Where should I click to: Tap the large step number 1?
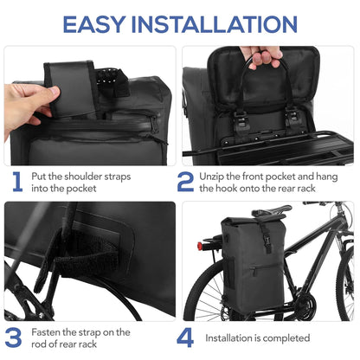pos(16,181)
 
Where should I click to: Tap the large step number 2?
pos(186,181)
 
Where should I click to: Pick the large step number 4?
pos(186,337)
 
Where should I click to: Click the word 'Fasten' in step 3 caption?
pos(48,332)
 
